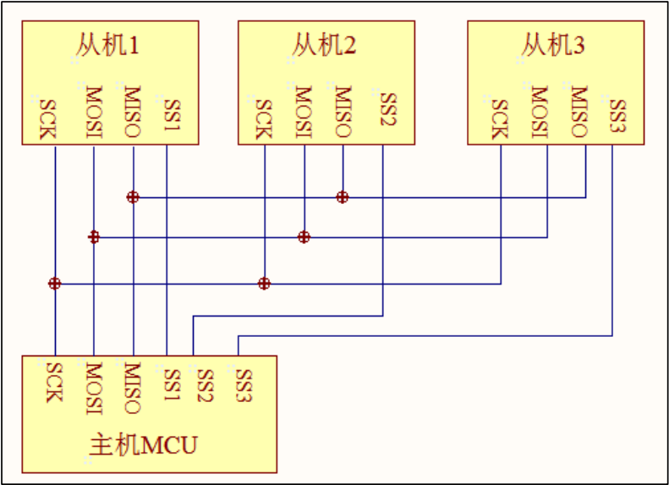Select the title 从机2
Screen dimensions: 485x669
324,45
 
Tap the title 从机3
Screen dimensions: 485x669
553,45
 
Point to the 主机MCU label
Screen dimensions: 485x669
143,444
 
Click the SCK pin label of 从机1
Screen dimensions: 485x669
47,119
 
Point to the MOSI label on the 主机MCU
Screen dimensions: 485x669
93,389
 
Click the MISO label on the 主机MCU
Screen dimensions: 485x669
132,388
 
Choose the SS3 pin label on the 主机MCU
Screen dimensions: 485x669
244,384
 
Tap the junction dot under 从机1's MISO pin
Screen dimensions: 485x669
133,197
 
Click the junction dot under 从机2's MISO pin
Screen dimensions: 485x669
342,197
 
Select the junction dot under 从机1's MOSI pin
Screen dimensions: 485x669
94,237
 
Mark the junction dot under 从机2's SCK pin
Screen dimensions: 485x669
265,283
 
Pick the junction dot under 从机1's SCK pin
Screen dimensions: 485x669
55,284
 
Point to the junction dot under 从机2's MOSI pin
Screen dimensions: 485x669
304,237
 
